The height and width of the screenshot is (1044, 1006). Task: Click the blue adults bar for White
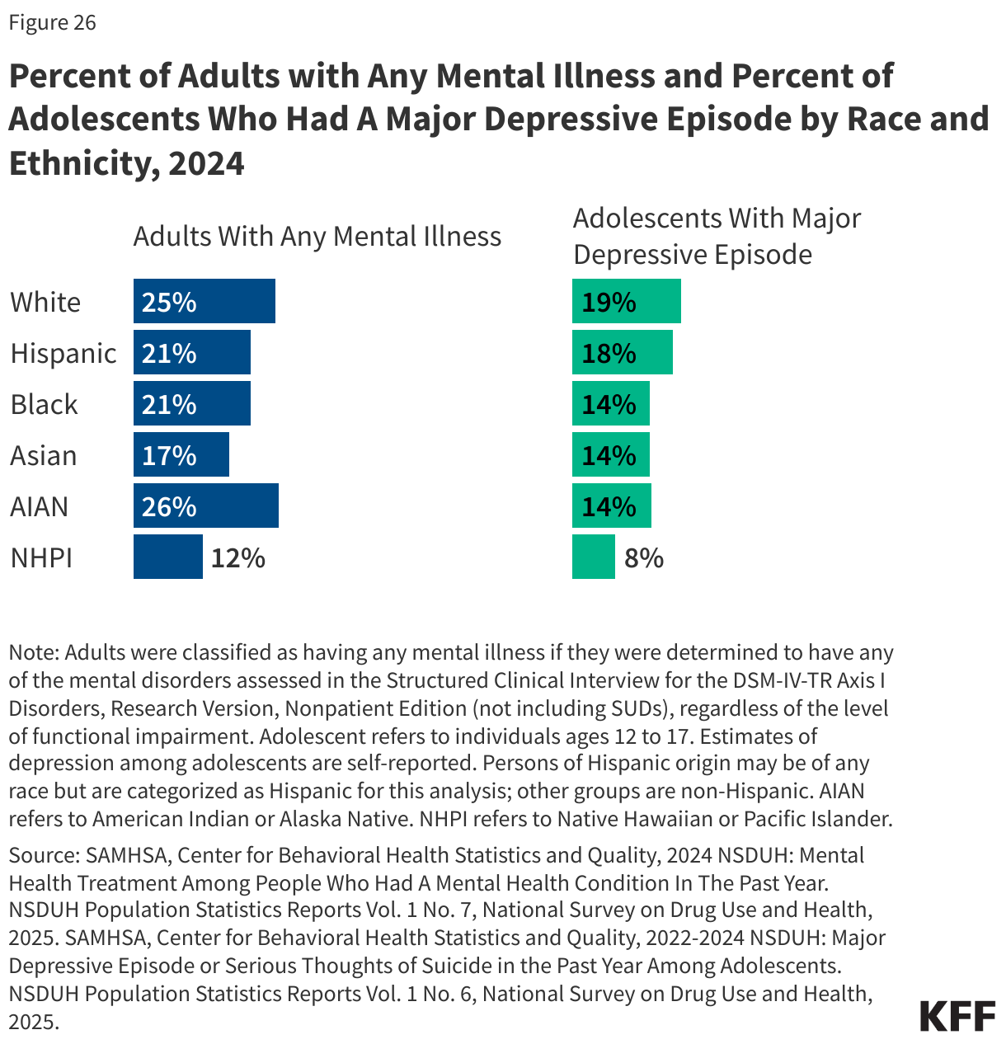pos(204,301)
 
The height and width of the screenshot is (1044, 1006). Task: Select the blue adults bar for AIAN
pos(206,506)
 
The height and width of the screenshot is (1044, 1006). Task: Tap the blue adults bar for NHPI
pos(168,557)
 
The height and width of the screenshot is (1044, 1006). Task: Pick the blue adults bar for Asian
pos(181,454)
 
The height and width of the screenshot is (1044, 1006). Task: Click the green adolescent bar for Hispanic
pos(623,352)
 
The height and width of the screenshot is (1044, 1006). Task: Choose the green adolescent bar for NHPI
pos(594,557)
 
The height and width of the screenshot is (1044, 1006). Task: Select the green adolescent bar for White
pos(627,301)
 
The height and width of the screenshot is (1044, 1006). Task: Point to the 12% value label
pos(237,558)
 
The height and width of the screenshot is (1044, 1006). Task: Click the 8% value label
pos(644,558)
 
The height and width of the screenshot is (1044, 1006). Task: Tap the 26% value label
pos(169,506)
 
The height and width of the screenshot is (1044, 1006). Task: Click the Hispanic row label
pos(63,353)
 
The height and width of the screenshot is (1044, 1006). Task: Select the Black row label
pos(45,404)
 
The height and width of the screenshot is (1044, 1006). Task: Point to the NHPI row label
pos(42,557)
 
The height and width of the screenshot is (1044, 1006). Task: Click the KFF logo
pos(957,1016)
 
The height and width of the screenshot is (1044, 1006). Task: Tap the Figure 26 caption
pos(53,22)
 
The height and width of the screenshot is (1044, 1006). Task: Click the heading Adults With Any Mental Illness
pos(317,237)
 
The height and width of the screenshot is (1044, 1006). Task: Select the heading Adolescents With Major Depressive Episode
pos(717,236)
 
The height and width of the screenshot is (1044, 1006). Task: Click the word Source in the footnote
pos(42,855)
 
